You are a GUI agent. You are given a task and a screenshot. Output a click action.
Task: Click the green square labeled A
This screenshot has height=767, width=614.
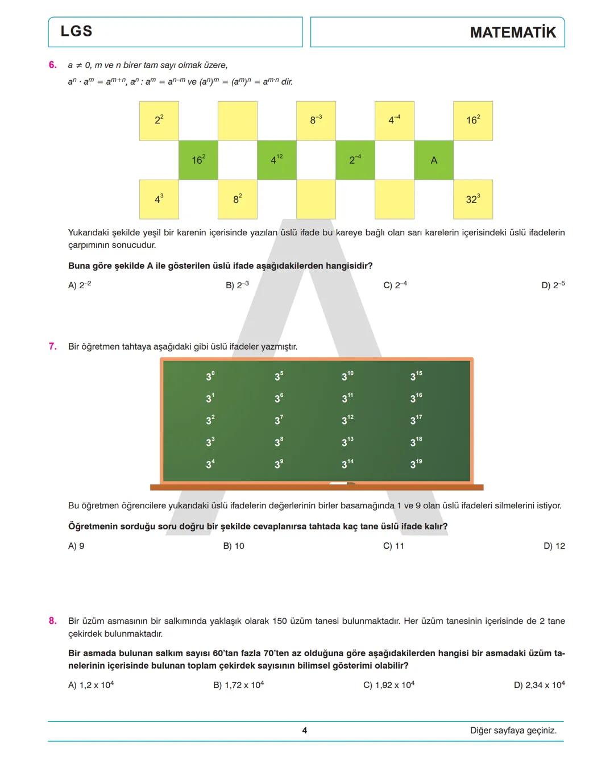[x=434, y=160]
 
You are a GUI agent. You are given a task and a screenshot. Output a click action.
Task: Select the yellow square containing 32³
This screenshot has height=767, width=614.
[x=473, y=200]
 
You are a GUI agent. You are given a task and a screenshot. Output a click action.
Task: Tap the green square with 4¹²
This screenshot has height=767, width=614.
[x=277, y=160]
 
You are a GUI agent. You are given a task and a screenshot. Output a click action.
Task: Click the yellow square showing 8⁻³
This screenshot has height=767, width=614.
[x=316, y=121]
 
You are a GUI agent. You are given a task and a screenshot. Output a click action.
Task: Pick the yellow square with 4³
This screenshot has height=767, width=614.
[x=159, y=200]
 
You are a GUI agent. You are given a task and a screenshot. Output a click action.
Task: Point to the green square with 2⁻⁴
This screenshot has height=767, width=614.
[x=355, y=160]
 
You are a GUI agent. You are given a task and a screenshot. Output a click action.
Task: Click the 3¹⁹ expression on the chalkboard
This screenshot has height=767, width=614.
[x=416, y=464]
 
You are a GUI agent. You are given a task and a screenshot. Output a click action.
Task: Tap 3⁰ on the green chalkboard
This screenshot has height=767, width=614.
[x=210, y=376]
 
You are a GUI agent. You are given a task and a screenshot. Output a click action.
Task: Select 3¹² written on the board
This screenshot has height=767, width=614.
[x=347, y=420]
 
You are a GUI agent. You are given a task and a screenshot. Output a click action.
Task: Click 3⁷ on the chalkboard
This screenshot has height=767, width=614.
[x=279, y=420]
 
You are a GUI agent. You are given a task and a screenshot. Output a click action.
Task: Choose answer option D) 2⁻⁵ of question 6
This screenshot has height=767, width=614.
[x=553, y=285]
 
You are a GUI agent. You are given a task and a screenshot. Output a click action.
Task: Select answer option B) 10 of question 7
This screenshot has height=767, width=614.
[x=234, y=546]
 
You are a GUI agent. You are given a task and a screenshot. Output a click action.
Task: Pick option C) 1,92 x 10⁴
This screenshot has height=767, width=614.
[x=389, y=685]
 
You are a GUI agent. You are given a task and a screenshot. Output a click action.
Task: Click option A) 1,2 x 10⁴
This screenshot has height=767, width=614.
[x=91, y=685]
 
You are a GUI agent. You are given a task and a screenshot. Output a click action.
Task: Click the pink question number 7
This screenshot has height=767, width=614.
[x=53, y=346]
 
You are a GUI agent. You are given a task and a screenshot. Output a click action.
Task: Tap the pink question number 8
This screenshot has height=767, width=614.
[x=53, y=621]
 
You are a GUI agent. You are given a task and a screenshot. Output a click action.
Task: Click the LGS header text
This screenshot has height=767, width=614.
[x=77, y=31]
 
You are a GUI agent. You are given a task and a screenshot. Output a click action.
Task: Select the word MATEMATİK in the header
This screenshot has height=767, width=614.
[x=513, y=32]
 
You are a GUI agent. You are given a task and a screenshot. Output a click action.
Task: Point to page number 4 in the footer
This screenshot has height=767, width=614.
[x=305, y=731]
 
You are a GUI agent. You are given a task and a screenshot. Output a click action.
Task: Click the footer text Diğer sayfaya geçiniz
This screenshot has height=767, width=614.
[x=513, y=731]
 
